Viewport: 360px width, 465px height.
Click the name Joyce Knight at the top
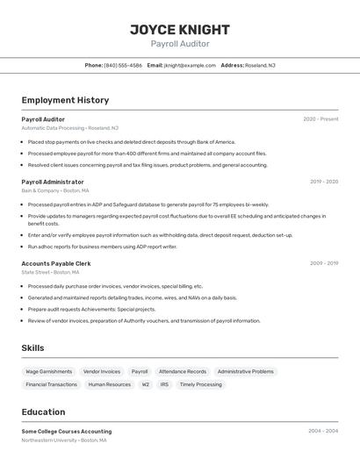pos(180,29)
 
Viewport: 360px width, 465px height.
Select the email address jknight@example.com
pos(189,65)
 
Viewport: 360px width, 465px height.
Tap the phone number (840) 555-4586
pos(123,65)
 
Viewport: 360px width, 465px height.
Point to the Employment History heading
pos(65,100)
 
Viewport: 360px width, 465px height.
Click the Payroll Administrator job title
pos(53,182)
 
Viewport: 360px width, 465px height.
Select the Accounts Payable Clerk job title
pos(56,263)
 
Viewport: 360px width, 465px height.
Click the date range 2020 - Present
pos(320,118)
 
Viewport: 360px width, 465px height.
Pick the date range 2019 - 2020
pos(324,182)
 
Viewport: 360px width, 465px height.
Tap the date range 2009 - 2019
pos(324,263)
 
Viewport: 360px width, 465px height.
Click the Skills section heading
pos(32,348)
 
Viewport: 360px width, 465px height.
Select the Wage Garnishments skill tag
pos(49,371)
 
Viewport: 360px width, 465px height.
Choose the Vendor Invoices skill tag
pos(102,371)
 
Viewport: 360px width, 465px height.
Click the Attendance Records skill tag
pos(183,371)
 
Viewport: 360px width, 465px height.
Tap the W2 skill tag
pos(146,384)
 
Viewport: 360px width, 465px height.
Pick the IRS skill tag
pos(164,384)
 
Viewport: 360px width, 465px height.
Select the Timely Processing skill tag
pos(201,384)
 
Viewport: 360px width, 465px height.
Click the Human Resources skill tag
pos(110,384)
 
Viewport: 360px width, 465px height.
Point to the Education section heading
pos(43,411)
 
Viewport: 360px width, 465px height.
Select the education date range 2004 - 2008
pos(323,432)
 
